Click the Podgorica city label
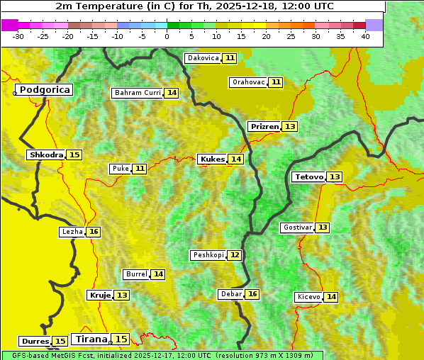pyautogui.click(x=44, y=90)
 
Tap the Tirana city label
pyautogui.click(x=89, y=339)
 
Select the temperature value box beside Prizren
pyautogui.click(x=290, y=127)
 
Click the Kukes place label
pyautogui.click(x=212, y=159)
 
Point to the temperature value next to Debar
pyautogui.click(x=252, y=294)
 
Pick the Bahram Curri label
pyautogui.click(x=138, y=93)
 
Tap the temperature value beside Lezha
pyautogui.click(x=94, y=232)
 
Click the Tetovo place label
pyautogui.click(x=308, y=176)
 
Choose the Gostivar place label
pyautogui.click(x=296, y=227)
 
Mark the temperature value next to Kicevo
pyautogui.click(x=331, y=297)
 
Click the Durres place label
pyautogui.click(x=34, y=342)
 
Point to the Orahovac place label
pyautogui.click(x=248, y=82)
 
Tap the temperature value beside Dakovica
pyautogui.click(x=230, y=58)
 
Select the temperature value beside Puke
pyautogui.click(x=140, y=169)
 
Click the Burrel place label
pyautogui.click(x=136, y=274)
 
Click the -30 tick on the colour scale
pyautogui.click(x=18, y=35)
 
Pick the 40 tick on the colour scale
pyautogui.click(x=365, y=35)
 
